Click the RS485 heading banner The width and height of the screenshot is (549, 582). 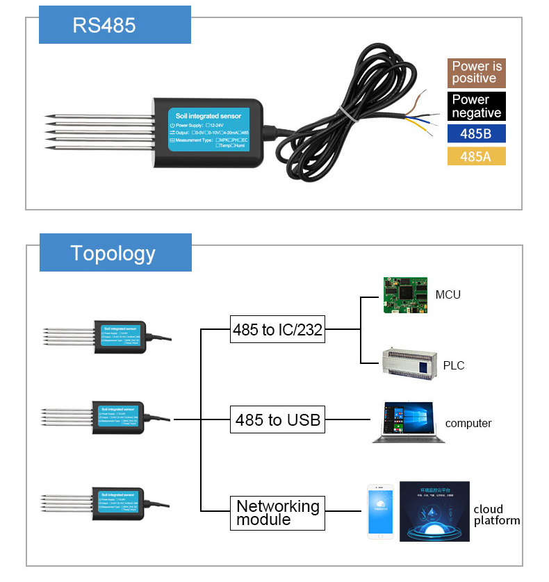point(114,26)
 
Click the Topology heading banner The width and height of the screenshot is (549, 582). point(115,253)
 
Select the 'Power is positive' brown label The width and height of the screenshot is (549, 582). point(476,72)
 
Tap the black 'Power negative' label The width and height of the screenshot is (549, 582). point(476,106)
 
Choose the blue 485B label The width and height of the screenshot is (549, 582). point(476,133)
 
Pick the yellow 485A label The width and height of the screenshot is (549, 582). point(476,156)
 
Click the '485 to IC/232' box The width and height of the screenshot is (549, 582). point(277,330)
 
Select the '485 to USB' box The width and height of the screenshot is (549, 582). point(277,420)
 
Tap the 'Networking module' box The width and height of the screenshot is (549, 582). point(277,513)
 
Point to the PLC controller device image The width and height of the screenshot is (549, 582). point(409,363)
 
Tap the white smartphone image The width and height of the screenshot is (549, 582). point(380,512)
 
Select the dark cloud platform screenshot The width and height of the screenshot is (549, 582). point(434,511)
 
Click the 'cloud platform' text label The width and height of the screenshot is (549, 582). point(496,515)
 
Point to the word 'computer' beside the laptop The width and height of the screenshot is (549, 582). point(468,424)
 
